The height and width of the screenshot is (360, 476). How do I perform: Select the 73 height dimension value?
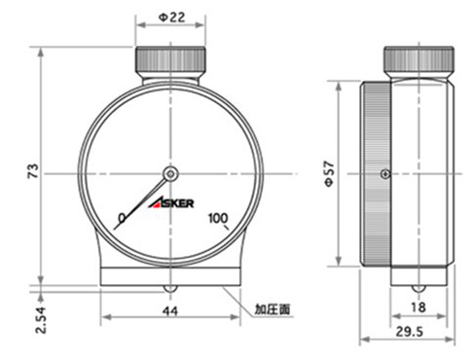click(32, 170)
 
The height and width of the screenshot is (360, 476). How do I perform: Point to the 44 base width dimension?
click(169, 310)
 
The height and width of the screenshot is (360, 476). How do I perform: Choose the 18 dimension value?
click(420, 307)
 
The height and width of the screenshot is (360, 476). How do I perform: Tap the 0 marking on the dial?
click(122, 216)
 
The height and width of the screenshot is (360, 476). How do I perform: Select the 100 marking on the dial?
click(218, 216)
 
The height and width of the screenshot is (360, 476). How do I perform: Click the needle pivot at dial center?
click(171, 174)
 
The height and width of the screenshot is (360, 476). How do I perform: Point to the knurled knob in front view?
click(171, 60)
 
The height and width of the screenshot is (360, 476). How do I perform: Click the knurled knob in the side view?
click(420, 60)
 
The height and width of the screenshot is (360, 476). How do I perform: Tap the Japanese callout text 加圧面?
click(274, 308)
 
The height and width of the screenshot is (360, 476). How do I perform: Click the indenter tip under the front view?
click(171, 290)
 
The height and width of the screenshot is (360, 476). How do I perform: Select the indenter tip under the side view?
click(420, 290)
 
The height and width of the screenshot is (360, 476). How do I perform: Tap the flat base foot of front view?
click(171, 276)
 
